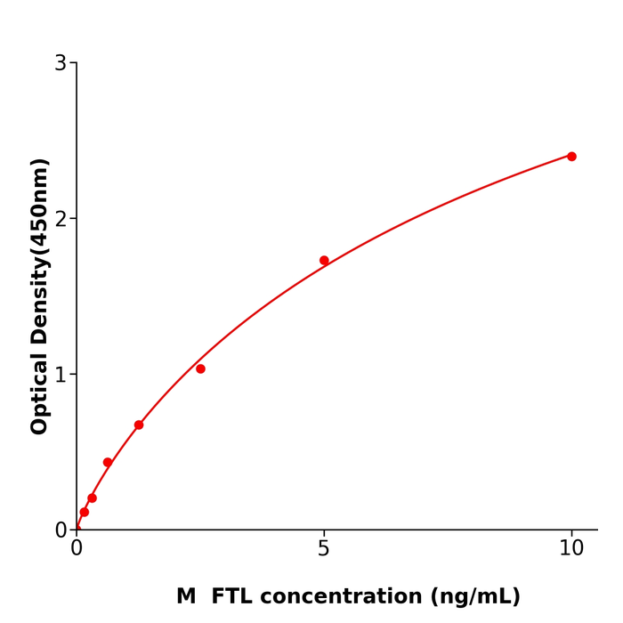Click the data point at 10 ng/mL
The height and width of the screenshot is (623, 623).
point(571,157)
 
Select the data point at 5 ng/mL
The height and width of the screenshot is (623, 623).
point(324,261)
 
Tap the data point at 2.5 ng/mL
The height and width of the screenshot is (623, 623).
point(200,368)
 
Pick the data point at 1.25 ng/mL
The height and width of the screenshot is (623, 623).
point(139,425)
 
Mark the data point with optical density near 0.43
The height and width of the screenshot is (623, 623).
point(108,462)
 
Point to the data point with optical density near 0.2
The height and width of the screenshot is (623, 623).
point(92,498)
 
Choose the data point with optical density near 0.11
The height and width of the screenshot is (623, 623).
point(85,512)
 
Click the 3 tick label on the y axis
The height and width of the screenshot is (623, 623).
point(61,63)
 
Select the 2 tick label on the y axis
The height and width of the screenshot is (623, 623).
point(61,219)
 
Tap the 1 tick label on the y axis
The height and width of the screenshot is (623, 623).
point(61,375)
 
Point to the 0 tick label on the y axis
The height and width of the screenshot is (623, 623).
point(61,530)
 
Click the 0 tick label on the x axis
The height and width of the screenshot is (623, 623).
point(77,549)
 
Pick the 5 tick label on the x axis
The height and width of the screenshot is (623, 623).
point(324,549)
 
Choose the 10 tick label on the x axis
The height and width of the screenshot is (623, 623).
point(571,549)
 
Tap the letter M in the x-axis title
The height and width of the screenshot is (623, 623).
point(186,596)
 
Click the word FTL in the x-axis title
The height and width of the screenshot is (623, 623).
point(231,596)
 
